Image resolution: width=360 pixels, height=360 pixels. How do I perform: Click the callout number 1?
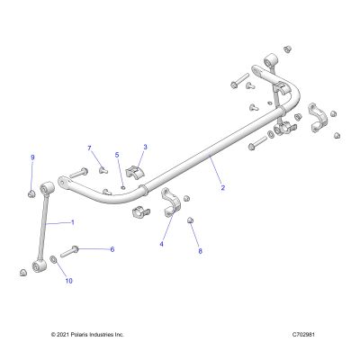click(x=73, y=222)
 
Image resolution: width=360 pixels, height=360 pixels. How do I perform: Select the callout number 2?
click(x=222, y=188)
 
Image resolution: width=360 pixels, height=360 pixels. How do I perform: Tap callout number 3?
click(x=146, y=147)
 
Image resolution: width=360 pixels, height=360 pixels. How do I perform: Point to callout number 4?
click(x=161, y=244)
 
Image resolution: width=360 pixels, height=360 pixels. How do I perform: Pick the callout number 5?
click(x=117, y=155)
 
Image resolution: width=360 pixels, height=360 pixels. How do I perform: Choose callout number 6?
click(x=112, y=249)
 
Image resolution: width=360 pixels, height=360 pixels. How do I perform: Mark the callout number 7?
click(x=89, y=148)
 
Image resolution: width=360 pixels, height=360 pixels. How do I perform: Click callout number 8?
click(x=201, y=251)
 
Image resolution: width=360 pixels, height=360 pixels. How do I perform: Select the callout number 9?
click(x=32, y=157)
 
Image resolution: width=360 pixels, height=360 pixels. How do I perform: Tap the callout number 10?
click(x=69, y=281)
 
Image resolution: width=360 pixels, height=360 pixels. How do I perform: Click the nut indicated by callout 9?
click(x=31, y=193)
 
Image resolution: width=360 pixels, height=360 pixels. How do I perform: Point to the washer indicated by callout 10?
click(x=54, y=259)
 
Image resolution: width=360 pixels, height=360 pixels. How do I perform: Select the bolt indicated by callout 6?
click(x=69, y=251)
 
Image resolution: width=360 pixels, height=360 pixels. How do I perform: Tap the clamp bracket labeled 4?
click(x=171, y=202)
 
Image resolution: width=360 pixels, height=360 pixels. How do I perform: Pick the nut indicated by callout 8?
click(x=190, y=220)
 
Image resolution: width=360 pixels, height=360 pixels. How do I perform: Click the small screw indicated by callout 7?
click(x=103, y=170)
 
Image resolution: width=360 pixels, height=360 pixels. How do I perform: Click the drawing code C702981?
click(x=303, y=335)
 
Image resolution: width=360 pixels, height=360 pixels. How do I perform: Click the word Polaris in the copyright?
click(x=74, y=335)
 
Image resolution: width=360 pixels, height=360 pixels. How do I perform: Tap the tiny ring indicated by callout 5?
click(x=123, y=188)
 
